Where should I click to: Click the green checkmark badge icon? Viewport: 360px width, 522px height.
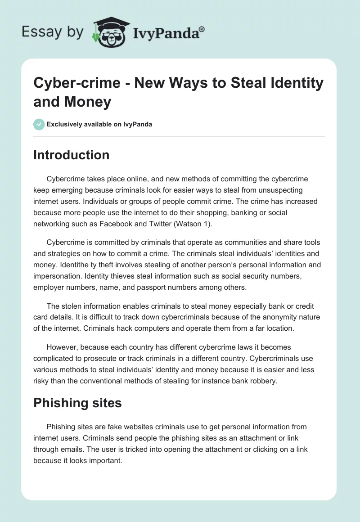click(x=39, y=124)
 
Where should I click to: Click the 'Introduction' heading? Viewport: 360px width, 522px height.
click(x=71, y=155)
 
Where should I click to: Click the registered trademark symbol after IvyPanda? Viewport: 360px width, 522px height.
click(x=202, y=29)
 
